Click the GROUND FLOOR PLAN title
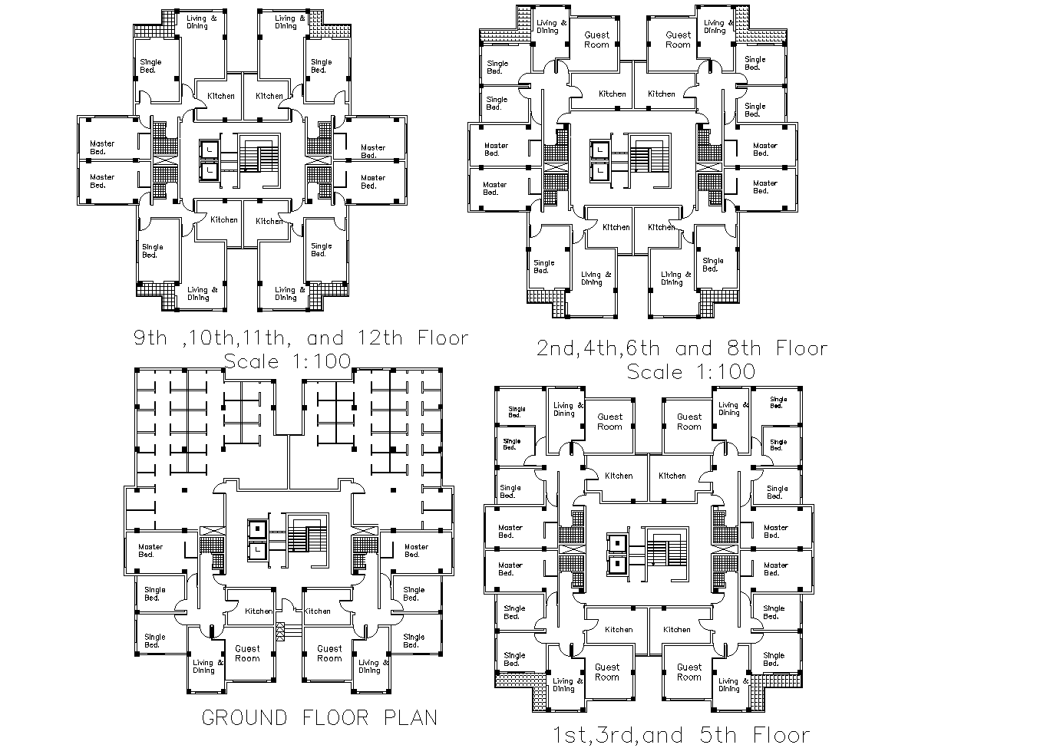pos(319,718)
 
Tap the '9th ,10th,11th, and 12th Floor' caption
pos(300,338)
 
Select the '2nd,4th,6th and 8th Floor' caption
pos(682,349)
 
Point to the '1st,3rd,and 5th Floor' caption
pos(682,736)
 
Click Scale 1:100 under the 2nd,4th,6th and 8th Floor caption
pos(691,372)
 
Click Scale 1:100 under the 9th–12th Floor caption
pos(287,361)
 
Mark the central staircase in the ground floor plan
pos(307,535)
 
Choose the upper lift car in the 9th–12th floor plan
pos(208,149)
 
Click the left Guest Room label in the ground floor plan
pos(247,654)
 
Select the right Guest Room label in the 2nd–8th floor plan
pos(678,40)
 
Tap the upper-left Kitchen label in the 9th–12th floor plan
pos(221,97)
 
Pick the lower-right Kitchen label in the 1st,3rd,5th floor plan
pos(676,629)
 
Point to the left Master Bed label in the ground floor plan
pos(150,551)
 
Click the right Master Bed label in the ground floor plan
pos(416,551)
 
